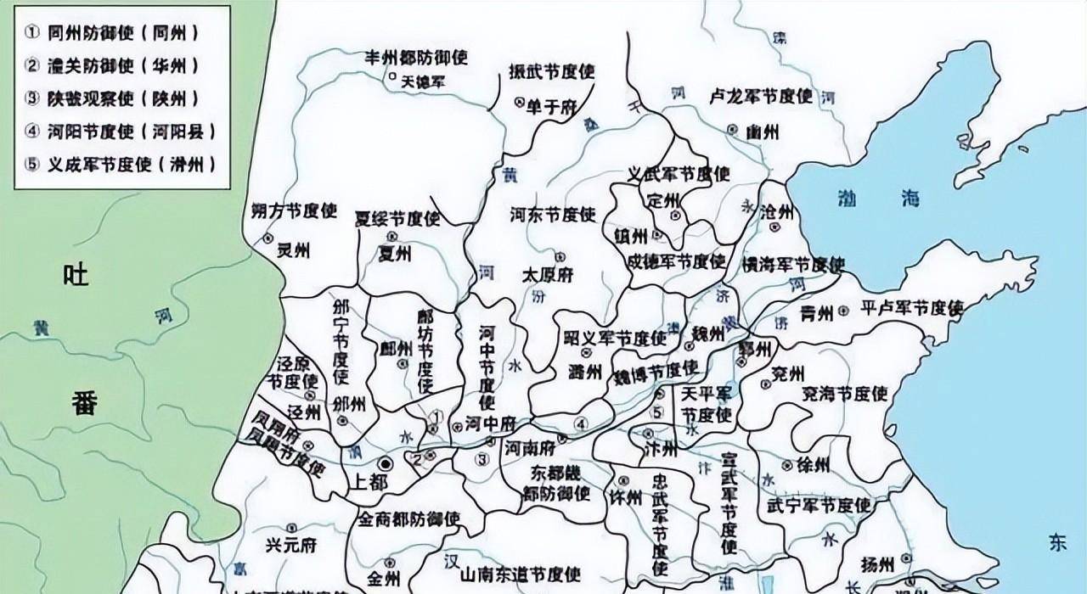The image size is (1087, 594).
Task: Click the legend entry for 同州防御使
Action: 111,34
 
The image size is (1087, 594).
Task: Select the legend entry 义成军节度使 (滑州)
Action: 120,164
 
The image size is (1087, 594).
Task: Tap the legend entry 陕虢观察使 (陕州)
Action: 111,98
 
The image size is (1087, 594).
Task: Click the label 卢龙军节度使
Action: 761,96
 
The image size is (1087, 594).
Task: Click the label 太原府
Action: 547,275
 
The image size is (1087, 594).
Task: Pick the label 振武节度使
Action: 551,71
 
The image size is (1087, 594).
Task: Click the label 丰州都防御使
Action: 416,58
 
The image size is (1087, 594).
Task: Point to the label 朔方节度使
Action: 295,210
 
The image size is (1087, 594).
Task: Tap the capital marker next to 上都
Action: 385,463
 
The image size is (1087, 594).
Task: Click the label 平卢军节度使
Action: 911,308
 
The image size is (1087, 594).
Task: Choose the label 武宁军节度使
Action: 818,506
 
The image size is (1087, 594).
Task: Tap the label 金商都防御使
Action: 408,518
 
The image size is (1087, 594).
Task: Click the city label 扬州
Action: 876,564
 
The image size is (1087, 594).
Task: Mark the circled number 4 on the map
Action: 581,423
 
